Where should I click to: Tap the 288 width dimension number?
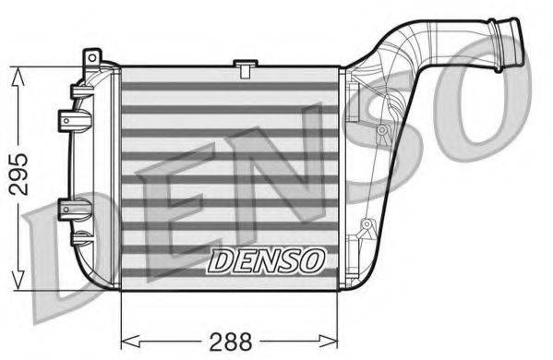[x=231, y=340]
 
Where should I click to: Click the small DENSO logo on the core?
[x=265, y=261]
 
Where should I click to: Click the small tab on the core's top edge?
[x=245, y=66]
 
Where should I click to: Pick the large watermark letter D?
[x=55, y=249]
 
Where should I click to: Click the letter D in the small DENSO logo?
[x=218, y=261]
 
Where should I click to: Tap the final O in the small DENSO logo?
[x=311, y=261]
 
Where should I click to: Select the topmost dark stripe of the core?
[x=230, y=85]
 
